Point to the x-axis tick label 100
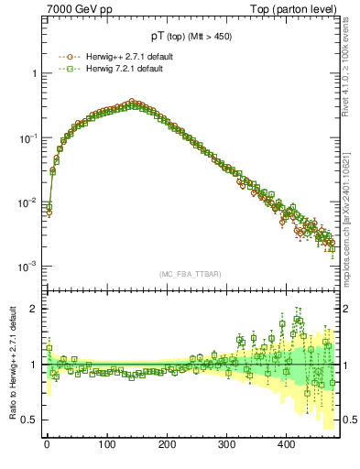(x=107, y=443)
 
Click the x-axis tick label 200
(x=168, y=443)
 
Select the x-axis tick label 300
(x=227, y=443)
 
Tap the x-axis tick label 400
(x=288, y=443)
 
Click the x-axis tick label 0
(x=47, y=443)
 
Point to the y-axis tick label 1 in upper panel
(x=34, y=73)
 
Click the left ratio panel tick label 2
(x=34, y=309)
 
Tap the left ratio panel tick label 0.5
(x=29, y=420)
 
